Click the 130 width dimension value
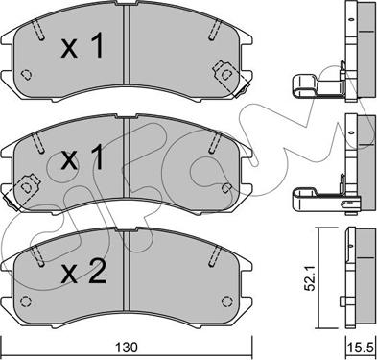coord(127,348)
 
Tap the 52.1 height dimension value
coord(310,278)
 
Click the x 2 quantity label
coord(83,272)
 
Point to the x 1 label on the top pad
coord(82,47)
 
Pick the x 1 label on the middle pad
coord(82,156)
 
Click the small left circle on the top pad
coord(26,75)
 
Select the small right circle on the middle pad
coord(226,187)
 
